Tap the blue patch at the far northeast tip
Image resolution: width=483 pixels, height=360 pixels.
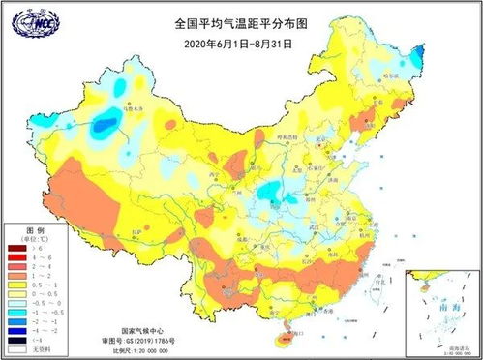click(417, 56)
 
